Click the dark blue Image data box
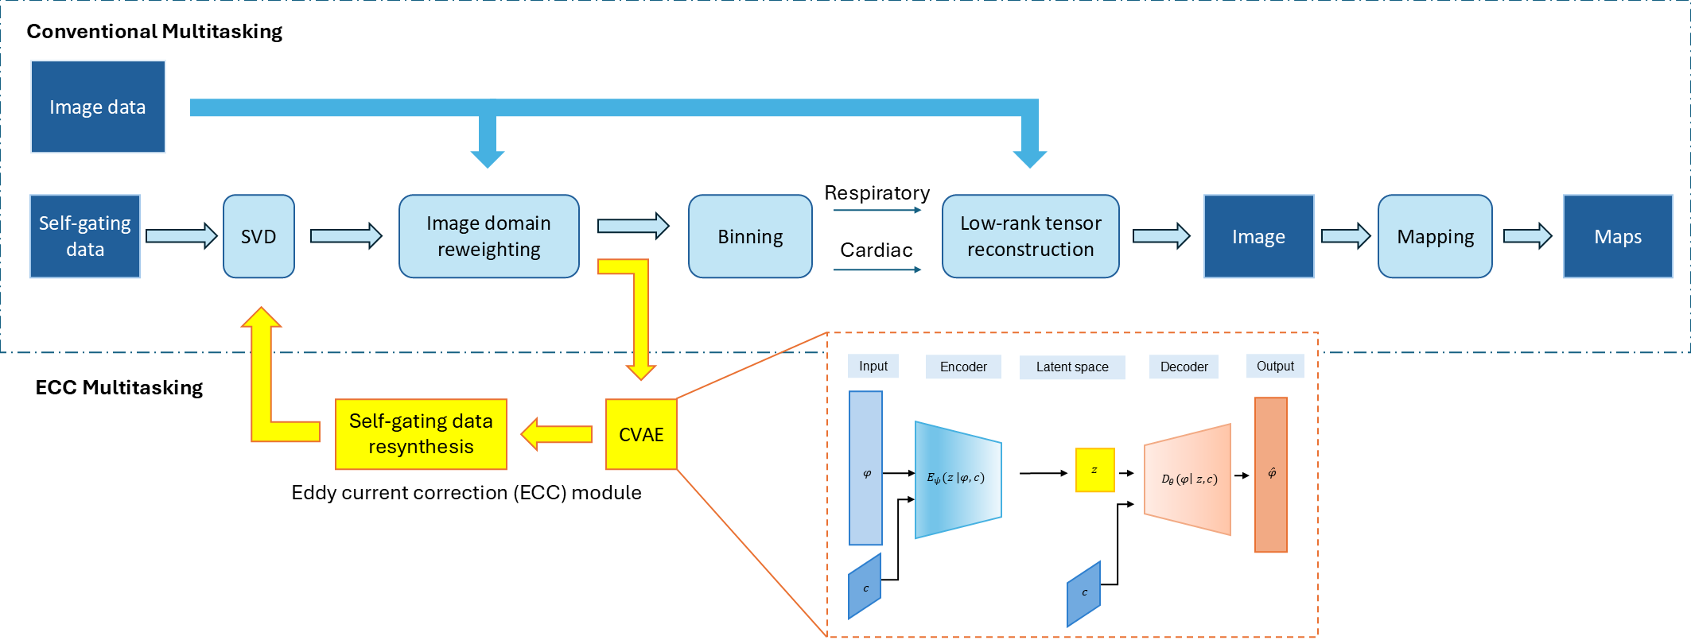click(x=98, y=107)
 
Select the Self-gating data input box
click(x=85, y=236)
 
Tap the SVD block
click(x=259, y=236)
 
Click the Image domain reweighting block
click(x=488, y=236)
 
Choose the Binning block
click(x=750, y=236)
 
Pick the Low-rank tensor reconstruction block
click(x=1030, y=236)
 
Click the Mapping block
click(x=1435, y=236)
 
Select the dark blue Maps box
click(x=1618, y=236)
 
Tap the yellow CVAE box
click(x=641, y=434)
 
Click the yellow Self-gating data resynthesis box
click(x=421, y=434)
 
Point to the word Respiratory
click(x=877, y=193)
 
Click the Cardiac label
click(x=877, y=250)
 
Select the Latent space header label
click(x=1071, y=367)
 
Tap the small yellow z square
click(x=1094, y=470)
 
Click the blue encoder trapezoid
click(x=958, y=479)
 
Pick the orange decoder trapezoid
click(x=1188, y=479)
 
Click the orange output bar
click(x=1270, y=475)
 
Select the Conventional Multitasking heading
click(x=154, y=32)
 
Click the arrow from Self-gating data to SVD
click(x=181, y=236)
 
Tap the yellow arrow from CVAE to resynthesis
click(x=556, y=434)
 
